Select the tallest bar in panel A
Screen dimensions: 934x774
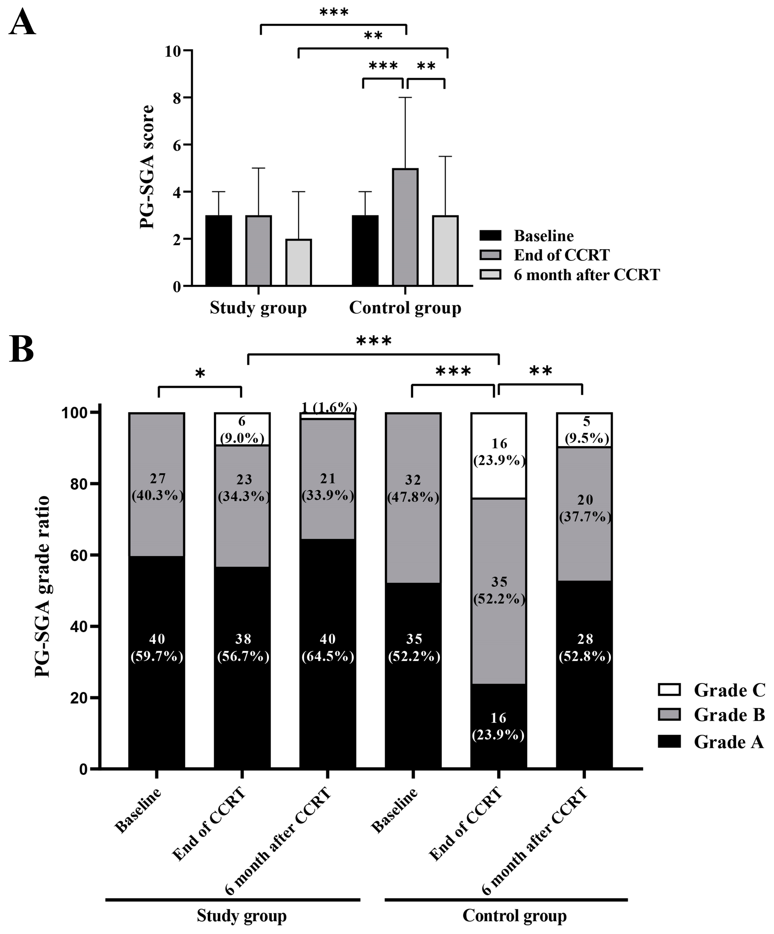405,227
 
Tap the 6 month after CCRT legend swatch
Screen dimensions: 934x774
490,274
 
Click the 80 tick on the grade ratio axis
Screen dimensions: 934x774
80,484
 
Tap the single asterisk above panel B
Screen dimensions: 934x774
200,374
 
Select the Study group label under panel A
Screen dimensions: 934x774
258,308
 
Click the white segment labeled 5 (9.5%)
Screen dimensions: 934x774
584,430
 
